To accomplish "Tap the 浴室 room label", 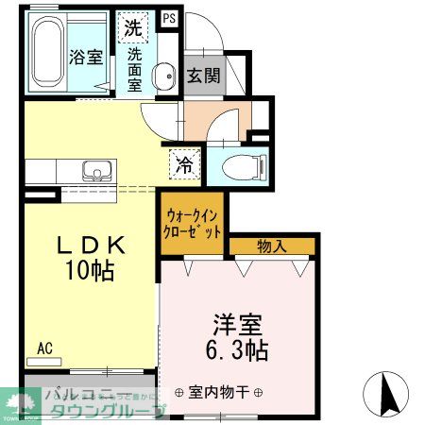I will pyautogui.click(x=86, y=56).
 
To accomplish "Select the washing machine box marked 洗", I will pyautogui.click(x=133, y=26).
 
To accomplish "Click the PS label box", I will pyautogui.click(x=170, y=17).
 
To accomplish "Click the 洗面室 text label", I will pyautogui.click(x=134, y=69).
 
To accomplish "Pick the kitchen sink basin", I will pyautogui.click(x=96, y=172).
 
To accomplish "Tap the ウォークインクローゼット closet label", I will pyautogui.click(x=193, y=224).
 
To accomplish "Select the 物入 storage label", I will pyautogui.click(x=272, y=246).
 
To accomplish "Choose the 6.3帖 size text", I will pyautogui.click(x=237, y=352).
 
